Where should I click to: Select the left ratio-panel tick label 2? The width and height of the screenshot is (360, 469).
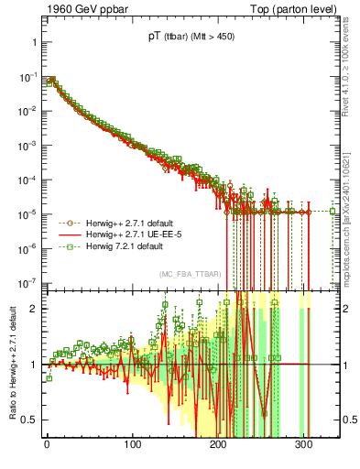[x=33, y=309]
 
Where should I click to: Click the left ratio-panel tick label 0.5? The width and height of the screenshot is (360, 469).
[x=28, y=420]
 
